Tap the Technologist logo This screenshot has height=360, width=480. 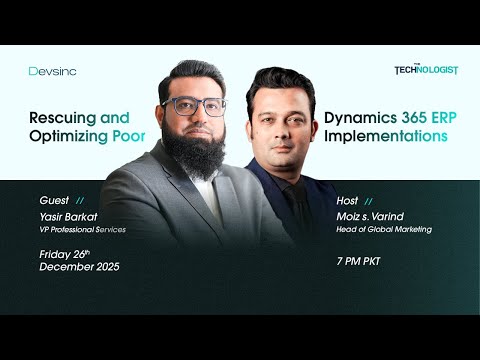pos(426,70)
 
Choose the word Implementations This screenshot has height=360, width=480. pos(386,136)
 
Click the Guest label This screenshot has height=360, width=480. pos(54,200)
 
